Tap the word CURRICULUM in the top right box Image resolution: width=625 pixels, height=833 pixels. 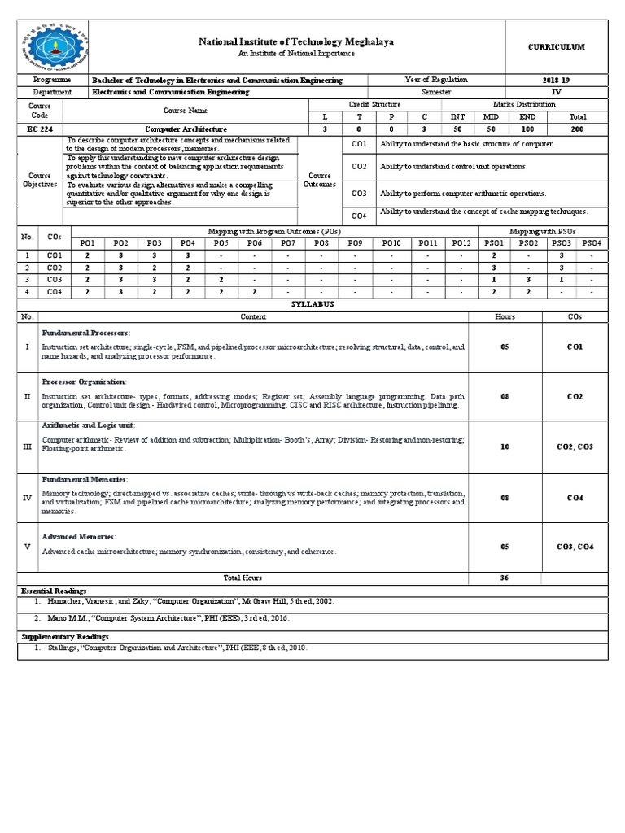[x=556, y=46]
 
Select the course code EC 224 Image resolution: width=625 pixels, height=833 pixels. [x=39, y=129]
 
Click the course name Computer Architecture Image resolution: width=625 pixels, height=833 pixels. [x=186, y=129]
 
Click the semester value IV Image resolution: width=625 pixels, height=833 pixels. [x=557, y=92]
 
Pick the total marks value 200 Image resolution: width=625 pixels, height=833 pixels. [x=578, y=129]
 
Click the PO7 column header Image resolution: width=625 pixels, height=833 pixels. [x=288, y=242]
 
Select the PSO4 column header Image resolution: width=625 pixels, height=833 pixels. [x=592, y=242]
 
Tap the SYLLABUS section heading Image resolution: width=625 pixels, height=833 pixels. [x=312, y=303]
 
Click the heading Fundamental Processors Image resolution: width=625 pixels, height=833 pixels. [x=85, y=333]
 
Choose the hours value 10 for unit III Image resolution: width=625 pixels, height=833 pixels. [x=505, y=447]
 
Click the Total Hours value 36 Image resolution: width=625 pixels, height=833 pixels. [x=505, y=578]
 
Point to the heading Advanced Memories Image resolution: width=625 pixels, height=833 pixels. [x=79, y=537]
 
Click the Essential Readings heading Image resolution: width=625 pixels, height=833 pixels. [x=54, y=590]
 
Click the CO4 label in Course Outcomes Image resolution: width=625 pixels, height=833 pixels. [x=359, y=215]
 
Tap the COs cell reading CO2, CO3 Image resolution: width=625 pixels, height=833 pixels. [x=575, y=447]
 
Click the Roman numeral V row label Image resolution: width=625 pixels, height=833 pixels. [x=27, y=547]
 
